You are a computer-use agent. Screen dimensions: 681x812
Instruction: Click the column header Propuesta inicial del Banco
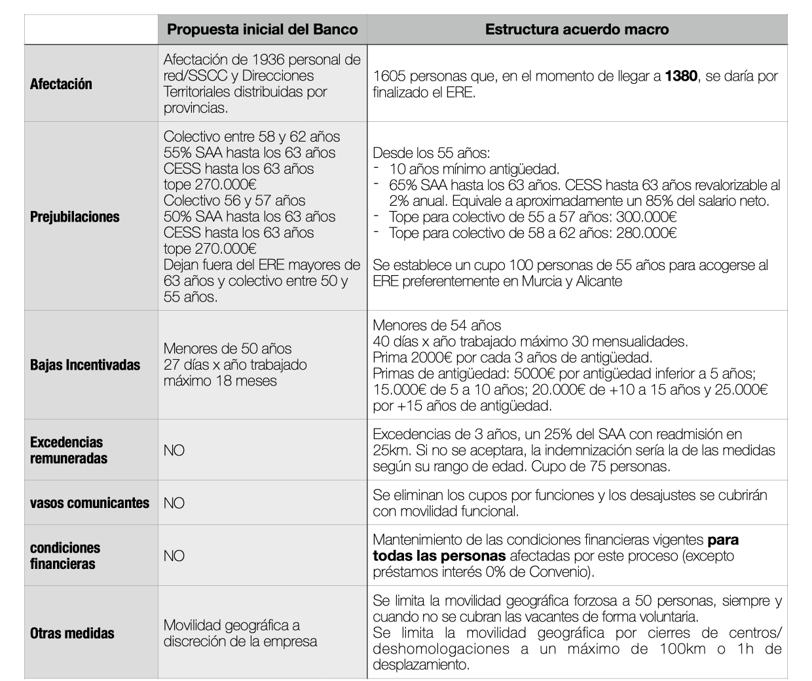coord(262,29)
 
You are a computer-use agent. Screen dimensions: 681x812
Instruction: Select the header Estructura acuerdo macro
coord(577,29)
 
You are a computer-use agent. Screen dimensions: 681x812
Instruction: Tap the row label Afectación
coord(61,84)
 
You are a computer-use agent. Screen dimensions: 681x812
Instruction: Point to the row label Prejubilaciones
coord(75,217)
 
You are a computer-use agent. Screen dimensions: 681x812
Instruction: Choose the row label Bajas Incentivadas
coord(85,365)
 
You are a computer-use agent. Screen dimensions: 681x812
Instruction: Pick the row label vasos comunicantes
coord(90,503)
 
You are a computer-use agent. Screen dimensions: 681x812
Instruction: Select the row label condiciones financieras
coord(65,555)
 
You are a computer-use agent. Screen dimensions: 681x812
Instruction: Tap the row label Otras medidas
coord(72,633)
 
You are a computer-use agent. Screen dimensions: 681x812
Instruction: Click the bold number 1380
coord(681,76)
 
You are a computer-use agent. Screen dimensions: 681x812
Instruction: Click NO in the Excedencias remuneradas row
coord(174,451)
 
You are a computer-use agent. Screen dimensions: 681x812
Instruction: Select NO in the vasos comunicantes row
coord(174,503)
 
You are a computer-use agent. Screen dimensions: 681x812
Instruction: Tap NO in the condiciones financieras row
coord(174,556)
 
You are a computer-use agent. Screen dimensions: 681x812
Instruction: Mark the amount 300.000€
coord(647,217)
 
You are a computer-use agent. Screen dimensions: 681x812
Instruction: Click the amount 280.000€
coord(647,233)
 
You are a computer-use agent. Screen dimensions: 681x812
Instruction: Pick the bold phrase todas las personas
coord(439,556)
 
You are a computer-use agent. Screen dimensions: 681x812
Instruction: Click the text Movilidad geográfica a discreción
coord(240,633)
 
